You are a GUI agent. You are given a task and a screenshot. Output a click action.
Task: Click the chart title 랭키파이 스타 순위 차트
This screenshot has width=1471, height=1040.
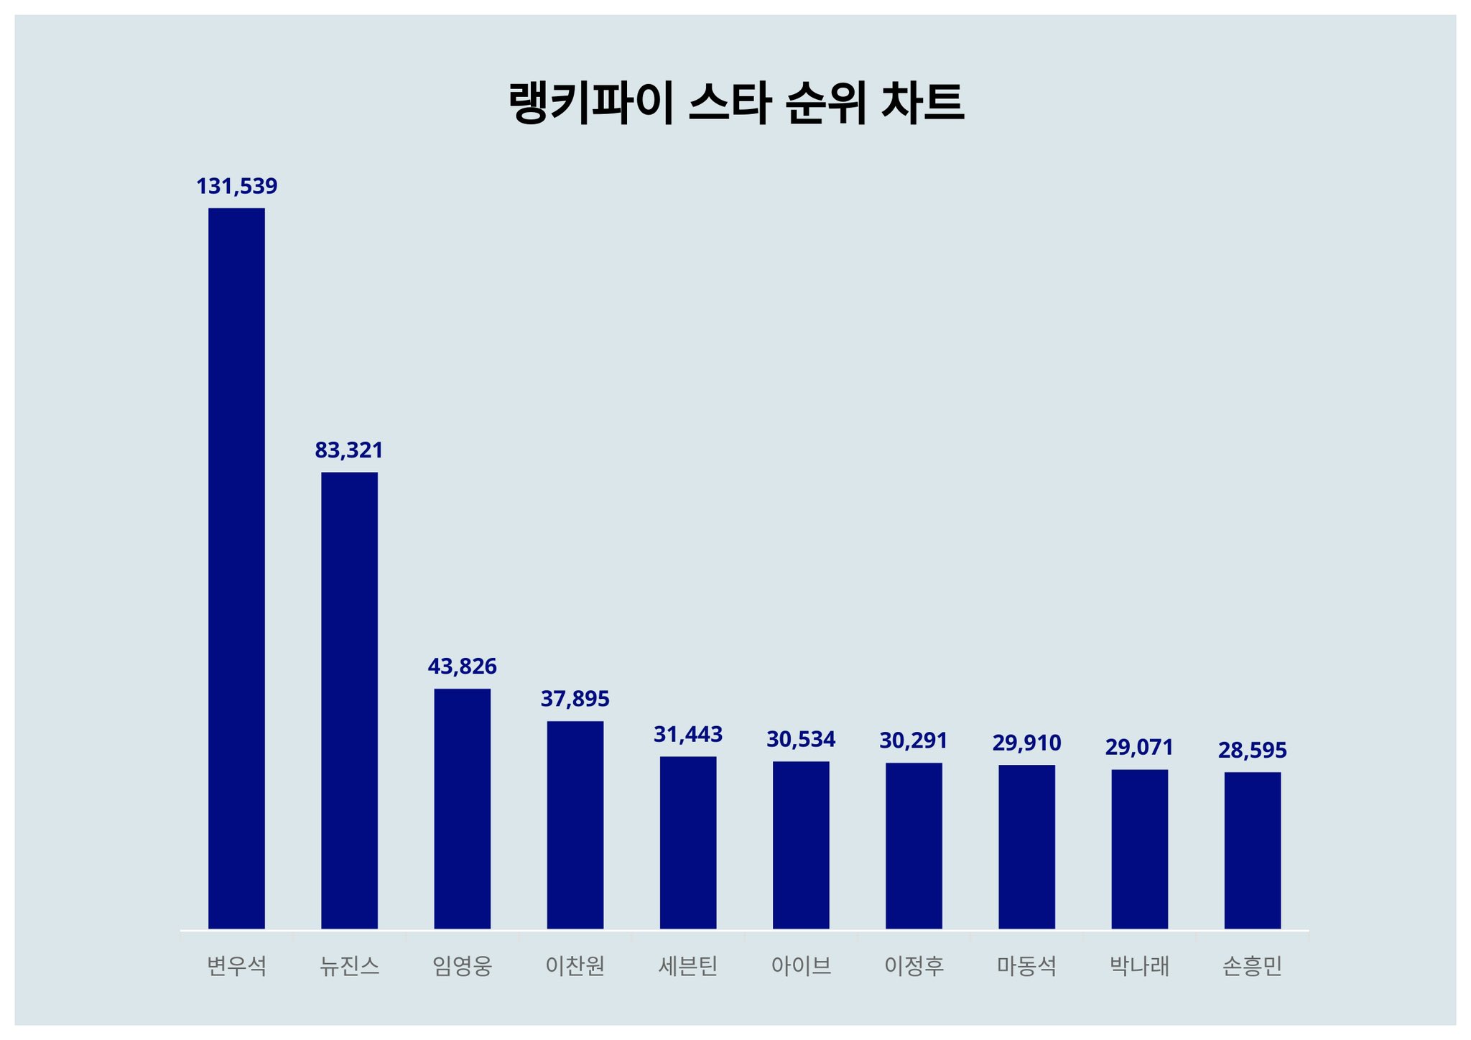click(x=735, y=103)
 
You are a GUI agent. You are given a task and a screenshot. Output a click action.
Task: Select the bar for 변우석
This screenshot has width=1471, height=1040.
click(x=236, y=568)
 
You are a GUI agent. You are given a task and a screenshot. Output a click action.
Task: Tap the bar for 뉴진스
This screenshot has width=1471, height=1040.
click(x=349, y=700)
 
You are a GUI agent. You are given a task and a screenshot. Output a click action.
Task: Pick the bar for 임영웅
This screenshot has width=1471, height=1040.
click(x=463, y=809)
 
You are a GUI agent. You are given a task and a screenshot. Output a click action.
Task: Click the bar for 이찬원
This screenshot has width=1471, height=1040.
click(x=575, y=825)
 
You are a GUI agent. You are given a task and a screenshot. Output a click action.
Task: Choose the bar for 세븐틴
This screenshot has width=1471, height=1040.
click(x=688, y=842)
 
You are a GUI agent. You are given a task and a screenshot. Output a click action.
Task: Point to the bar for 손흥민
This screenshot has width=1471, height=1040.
click(x=1253, y=850)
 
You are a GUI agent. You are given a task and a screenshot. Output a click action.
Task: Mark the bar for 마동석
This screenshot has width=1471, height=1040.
click(x=1026, y=847)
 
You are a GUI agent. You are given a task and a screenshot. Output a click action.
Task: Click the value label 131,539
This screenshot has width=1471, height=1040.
click(x=236, y=187)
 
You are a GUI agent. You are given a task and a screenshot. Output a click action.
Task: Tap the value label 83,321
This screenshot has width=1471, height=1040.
click(x=349, y=450)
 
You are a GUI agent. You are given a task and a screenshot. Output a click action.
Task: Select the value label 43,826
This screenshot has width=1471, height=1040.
click(x=463, y=667)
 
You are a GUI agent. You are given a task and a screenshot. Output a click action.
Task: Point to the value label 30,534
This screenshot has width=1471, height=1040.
click(x=801, y=739)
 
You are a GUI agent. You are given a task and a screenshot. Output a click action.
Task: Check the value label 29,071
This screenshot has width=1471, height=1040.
click(x=1139, y=748)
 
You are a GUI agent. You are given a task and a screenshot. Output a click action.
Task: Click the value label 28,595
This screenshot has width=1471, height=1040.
click(x=1253, y=751)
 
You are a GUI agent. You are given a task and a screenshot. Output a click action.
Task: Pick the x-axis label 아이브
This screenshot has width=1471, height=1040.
click(x=801, y=967)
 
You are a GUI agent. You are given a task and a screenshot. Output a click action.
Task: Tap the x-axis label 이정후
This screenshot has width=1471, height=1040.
click(x=914, y=967)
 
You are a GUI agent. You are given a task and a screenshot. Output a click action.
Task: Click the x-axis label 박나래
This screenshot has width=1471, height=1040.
click(x=1139, y=967)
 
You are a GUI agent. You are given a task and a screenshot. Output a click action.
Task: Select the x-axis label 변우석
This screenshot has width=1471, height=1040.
click(x=236, y=967)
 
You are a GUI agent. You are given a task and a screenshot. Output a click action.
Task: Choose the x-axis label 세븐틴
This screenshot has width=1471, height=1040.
click(x=688, y=967)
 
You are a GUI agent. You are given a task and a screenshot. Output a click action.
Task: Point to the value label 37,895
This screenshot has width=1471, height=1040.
click(x=575, y=699)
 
